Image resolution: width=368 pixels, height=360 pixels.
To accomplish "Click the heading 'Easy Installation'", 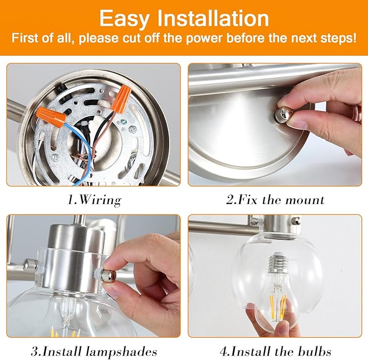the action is tap(184, 18).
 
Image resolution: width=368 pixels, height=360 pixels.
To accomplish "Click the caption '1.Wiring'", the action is tap(94, 200).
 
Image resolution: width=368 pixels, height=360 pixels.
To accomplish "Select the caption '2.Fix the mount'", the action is tap(275, 200).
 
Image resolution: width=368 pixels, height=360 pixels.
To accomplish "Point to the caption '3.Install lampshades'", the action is tap(94, 351).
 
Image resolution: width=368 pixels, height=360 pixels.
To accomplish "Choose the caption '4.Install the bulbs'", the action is tap(275, 351).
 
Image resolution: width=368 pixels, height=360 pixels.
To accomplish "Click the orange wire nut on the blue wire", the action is tap(51, 116).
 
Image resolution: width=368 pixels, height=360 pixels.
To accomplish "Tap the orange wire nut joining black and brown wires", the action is tap(122, 99).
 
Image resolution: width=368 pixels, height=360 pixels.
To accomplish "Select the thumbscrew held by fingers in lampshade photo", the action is tap(107, 274).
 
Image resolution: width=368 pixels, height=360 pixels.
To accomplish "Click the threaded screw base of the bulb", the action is tap(277, 263).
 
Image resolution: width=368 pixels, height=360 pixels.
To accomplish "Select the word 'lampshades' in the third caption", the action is tap(121, 351).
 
